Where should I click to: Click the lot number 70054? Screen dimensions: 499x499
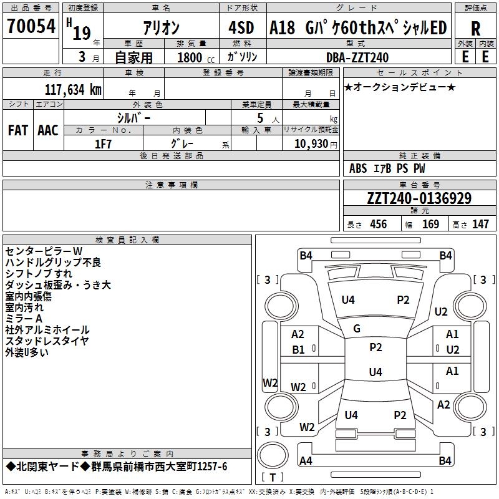coord(31,27)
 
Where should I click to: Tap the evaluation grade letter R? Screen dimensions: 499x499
coord(475,28)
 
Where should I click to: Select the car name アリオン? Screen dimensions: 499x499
coord(161,28)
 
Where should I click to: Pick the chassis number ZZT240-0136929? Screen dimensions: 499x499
coord(419,198)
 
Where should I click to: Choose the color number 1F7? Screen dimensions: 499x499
coord(103,143)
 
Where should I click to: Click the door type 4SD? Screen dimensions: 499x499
coord(241,28)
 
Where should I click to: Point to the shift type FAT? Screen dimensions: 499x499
coord(18,130)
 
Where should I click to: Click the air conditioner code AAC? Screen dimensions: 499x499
coord(48,130)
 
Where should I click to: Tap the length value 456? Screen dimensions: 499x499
coord(378,224)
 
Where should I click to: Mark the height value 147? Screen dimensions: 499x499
coord(480,224)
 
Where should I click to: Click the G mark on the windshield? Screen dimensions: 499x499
coord(357,328)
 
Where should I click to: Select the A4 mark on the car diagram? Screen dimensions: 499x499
coord(306,461)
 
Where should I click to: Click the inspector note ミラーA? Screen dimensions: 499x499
coord(24,318)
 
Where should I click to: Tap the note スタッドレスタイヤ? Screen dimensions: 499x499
coord(47,341)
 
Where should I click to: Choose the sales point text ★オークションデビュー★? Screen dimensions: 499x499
coord(400,87)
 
